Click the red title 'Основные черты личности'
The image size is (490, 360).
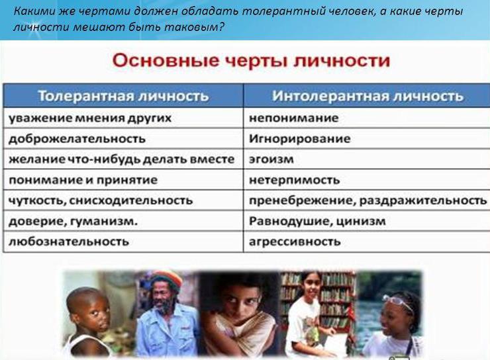point(251,61)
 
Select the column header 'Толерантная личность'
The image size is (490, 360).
point(123,96)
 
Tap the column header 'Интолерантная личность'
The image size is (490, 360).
point(367,96)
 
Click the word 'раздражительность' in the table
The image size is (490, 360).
point(423,201)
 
